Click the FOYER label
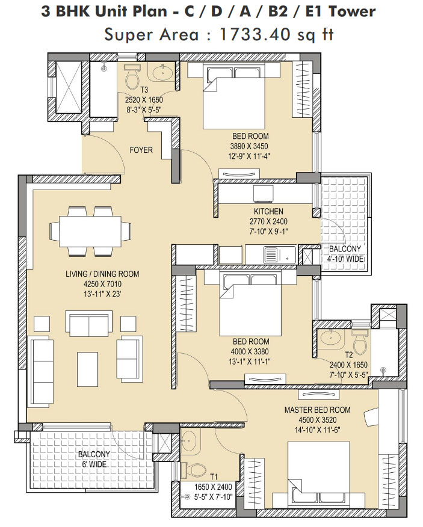(141, 150)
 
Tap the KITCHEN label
(268, 211)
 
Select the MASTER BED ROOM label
(318, 410)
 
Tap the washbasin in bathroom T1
(189, 440)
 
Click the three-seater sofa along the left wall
(42, 371)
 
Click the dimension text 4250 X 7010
(102, 284)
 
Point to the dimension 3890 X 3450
(249, 146)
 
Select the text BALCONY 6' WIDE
(94, 459)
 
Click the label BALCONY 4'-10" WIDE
(345, 254)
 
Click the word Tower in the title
(351, 12)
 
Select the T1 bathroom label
(214, 477)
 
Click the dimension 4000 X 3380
(250, 351)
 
